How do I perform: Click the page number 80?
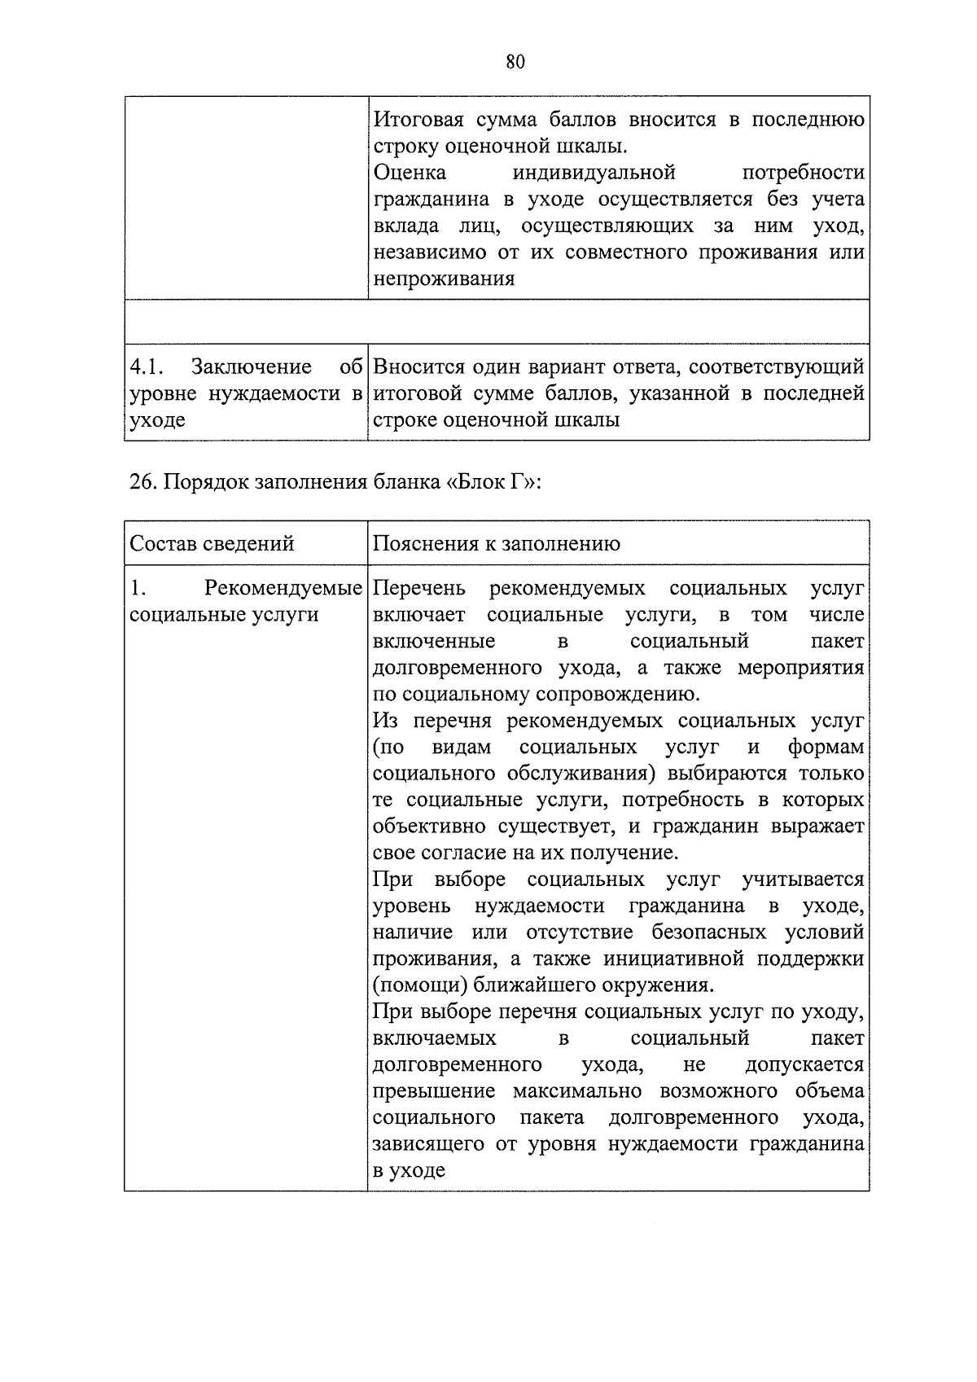tap(515, 63)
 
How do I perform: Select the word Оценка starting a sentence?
tap(410, 173)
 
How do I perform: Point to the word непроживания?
tap(444, 279)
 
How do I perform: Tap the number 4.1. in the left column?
tap(148, 368)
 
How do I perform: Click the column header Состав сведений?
tap(212, 544)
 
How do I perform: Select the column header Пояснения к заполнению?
tap(496, 544)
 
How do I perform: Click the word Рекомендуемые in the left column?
tap(283, 589)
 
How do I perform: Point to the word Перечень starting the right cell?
tap(419, 589)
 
